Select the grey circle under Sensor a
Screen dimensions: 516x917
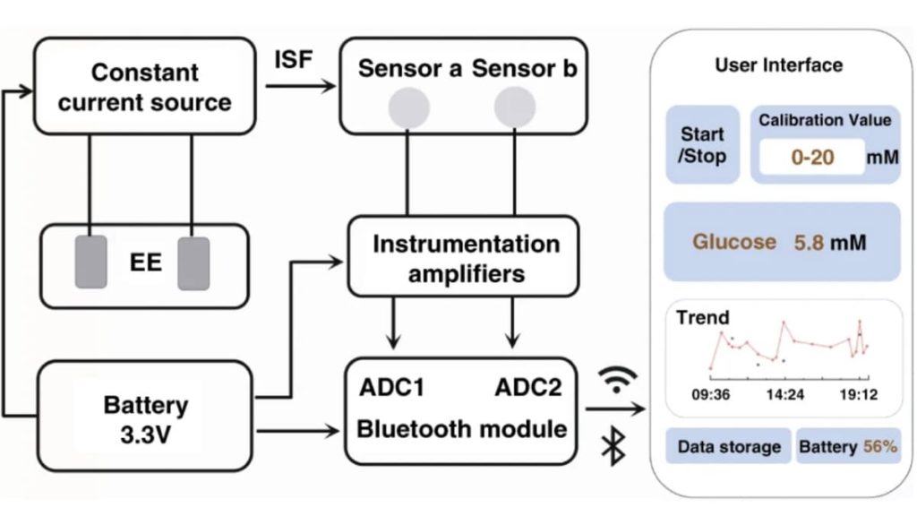tap(407, 107)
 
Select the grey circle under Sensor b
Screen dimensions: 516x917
tap(514, 107)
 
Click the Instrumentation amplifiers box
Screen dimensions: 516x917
tap(466, 258)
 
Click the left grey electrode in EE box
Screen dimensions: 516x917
tap(91, 262)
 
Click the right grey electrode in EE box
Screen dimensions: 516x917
tap(193, 263)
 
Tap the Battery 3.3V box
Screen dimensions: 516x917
tap(145, 417)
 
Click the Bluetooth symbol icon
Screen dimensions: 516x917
tap(613, 445)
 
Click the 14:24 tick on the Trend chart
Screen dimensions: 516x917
tap(785, 393)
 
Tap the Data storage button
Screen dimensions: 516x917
tap(728, 446)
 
